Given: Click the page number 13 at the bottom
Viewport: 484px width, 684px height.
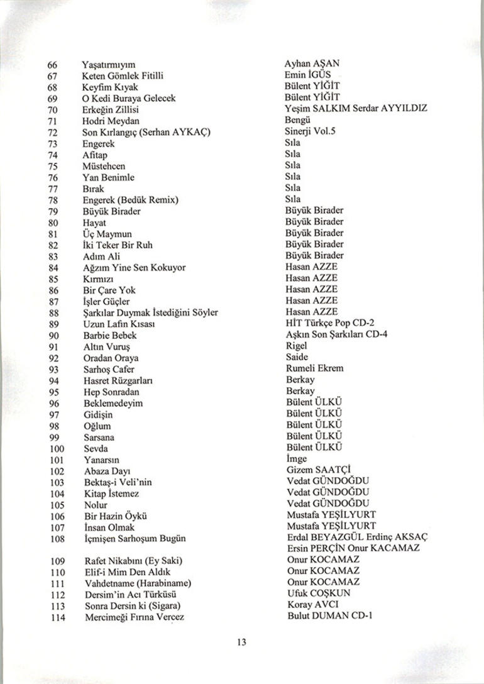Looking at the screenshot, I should tap(242, 643).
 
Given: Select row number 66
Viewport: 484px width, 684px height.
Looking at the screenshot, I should tap(52, 65).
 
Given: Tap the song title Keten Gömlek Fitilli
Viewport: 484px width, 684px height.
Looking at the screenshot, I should tap(123, 76).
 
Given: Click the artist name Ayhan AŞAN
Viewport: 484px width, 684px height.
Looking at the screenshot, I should tap(312, 64).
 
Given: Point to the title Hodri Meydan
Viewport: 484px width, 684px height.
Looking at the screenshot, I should tap(111, 121).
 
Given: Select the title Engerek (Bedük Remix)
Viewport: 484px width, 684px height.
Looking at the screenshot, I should tap(131, 200).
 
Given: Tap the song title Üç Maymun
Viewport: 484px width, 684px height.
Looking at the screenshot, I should tap(107, 234).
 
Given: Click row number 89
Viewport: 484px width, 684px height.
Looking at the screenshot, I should tap(53, 324).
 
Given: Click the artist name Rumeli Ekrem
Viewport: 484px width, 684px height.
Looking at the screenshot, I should tap(315, 368).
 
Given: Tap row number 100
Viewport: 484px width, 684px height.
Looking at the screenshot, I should tap(56, 448).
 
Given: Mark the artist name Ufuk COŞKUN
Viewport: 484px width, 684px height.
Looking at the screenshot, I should tap(318, 593).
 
